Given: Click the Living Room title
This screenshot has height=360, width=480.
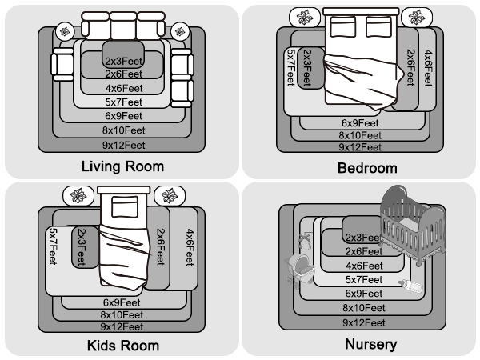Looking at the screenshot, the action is coord(122,166).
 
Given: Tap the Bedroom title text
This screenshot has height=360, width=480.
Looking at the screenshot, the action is coord(367,168).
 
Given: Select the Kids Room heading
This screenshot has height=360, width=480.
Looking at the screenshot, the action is coord(123,346).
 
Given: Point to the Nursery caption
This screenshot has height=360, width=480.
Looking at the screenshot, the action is coord(371,344).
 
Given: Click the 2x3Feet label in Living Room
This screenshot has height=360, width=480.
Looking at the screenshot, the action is coord(124,62).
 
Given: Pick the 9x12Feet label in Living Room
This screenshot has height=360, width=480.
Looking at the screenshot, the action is coord(124,145).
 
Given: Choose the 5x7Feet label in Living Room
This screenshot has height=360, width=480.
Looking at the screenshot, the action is coord(124,102).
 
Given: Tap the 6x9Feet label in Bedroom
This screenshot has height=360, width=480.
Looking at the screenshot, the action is coord(360,123).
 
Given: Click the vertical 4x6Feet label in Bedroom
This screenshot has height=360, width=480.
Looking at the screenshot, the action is coord(428,68).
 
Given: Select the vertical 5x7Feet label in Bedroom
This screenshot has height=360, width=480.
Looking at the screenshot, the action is coord(291,67).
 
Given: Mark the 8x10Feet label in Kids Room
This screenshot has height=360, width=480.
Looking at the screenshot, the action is coord(122,314).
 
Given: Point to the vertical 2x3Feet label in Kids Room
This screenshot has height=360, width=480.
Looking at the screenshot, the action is coord(82,247).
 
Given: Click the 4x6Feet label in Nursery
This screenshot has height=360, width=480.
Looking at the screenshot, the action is coord(364,266).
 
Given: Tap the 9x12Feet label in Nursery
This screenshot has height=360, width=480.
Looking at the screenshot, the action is coord(364,322).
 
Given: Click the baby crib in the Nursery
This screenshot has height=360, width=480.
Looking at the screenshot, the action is coord(412,225).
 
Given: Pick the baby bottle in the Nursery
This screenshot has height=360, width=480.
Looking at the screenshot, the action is coord(411,286).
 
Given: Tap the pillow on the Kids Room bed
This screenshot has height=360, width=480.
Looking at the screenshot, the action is coord(125,206).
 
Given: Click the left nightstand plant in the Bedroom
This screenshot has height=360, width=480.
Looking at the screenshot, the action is coord(305,17).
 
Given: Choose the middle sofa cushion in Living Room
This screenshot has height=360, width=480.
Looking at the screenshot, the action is coord(123,26).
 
